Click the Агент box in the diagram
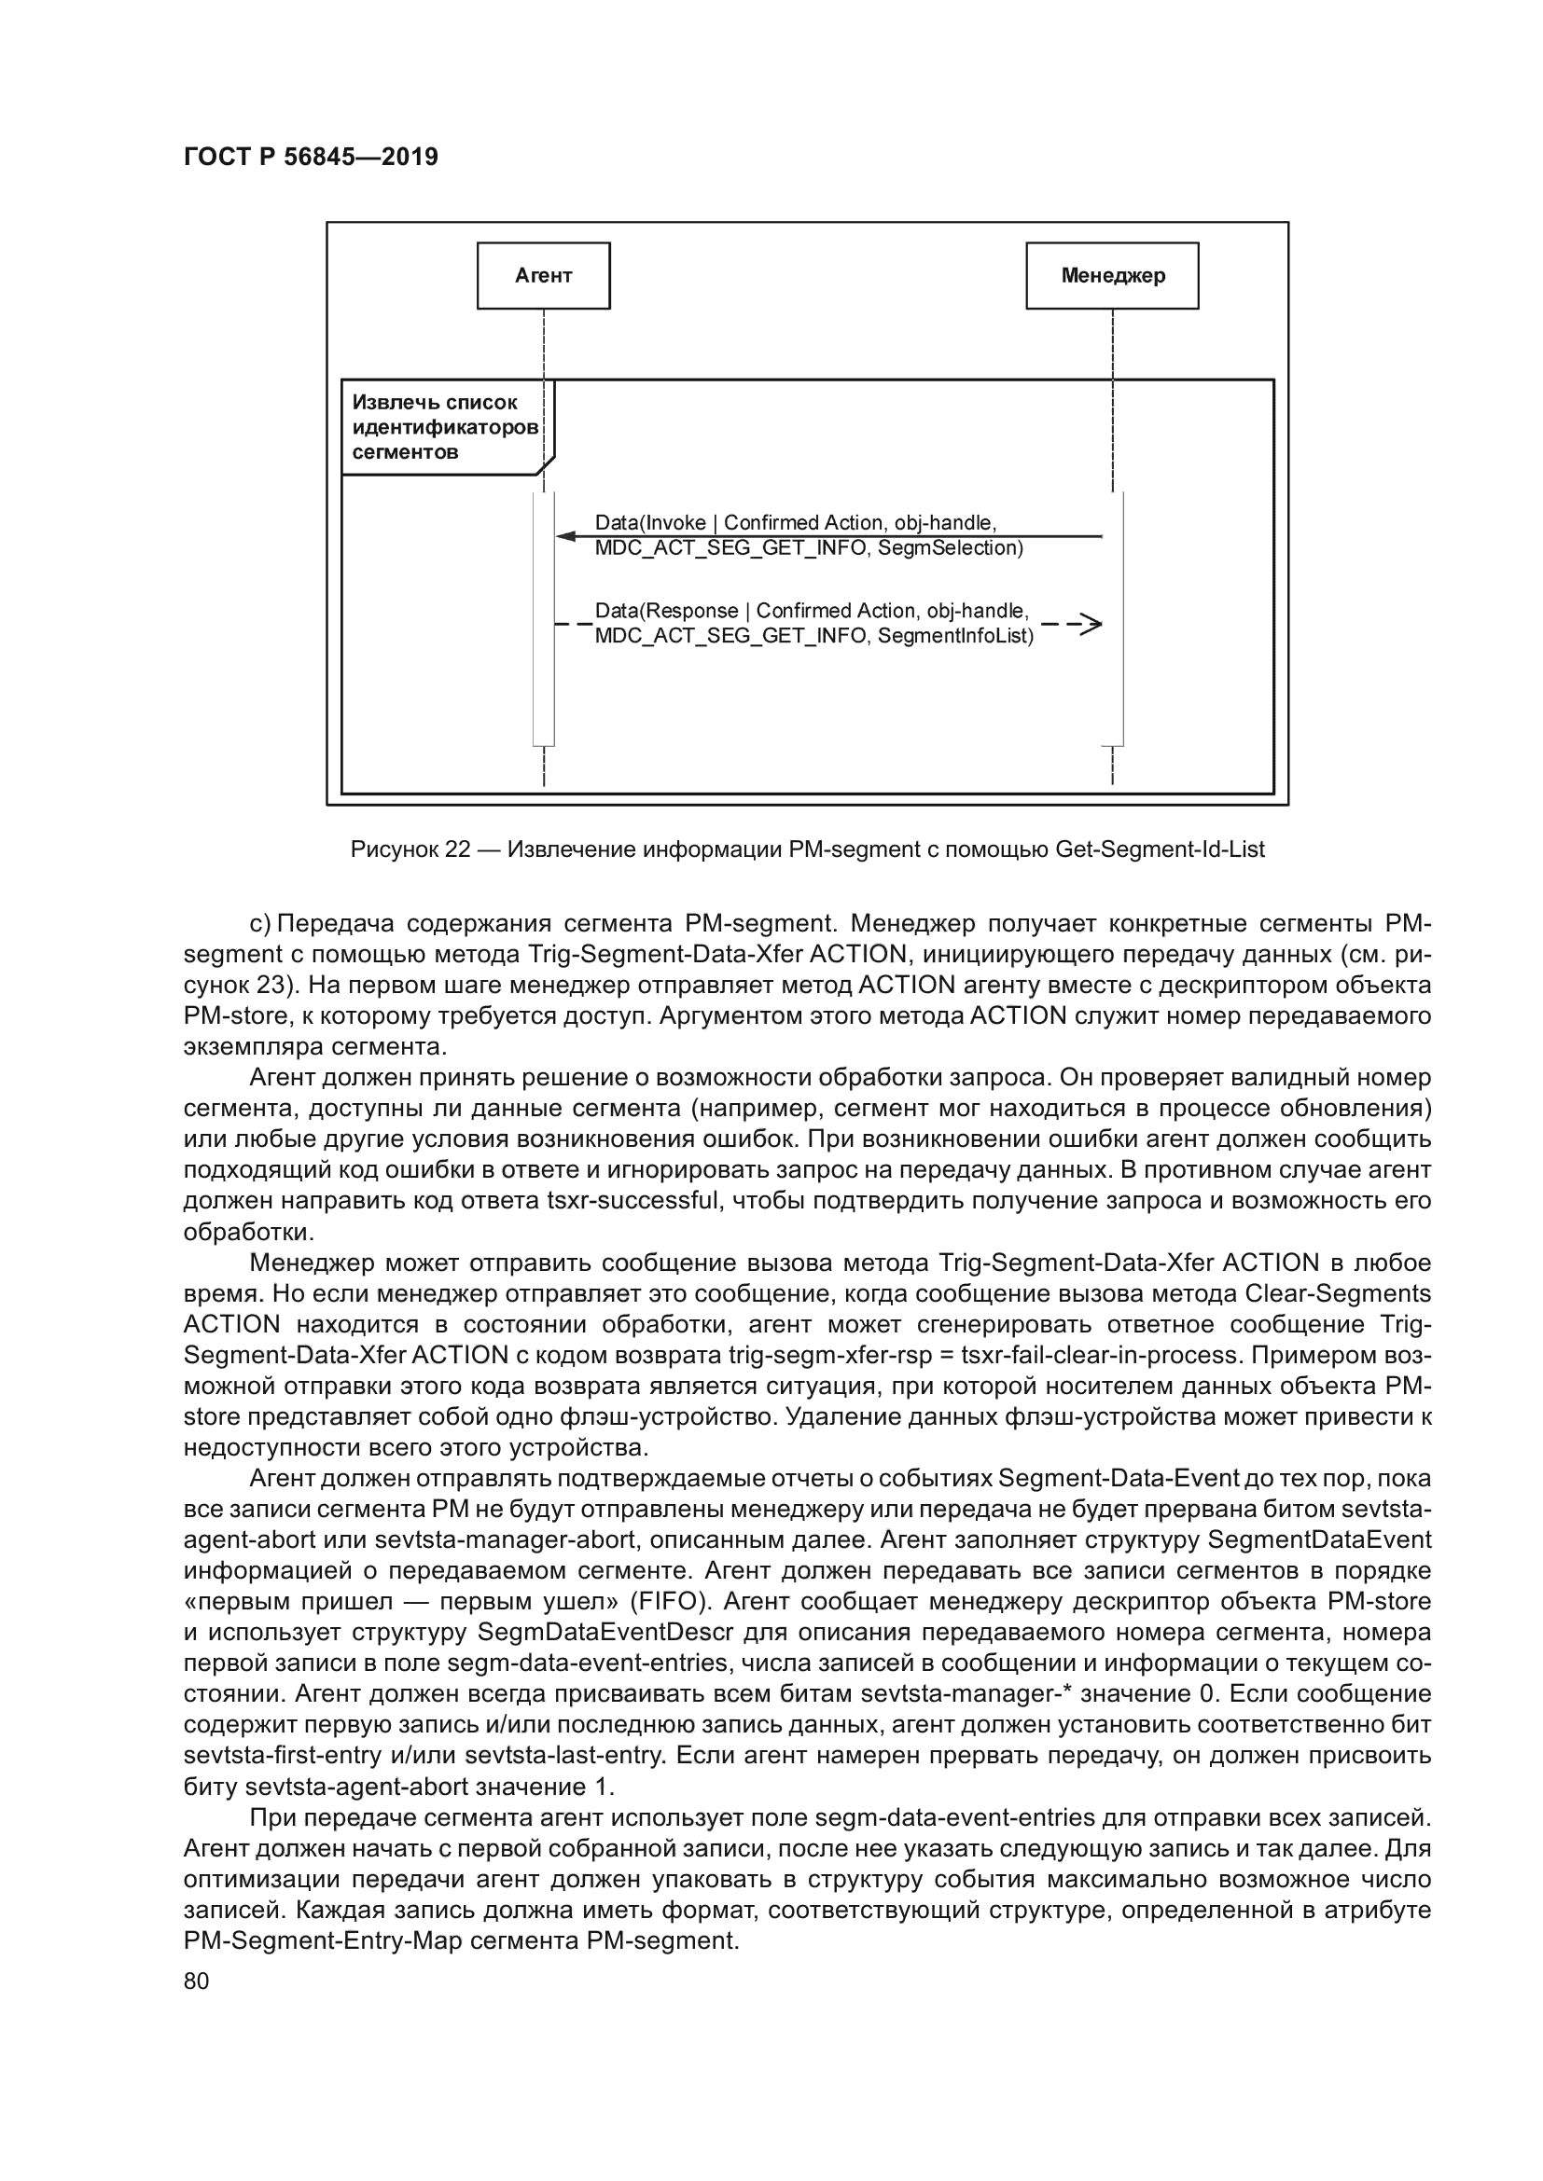(543, 275)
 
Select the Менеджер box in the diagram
(1112, 275)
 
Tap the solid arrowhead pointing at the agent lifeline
(566, 537)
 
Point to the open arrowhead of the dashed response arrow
(1091, 624)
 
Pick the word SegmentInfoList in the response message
(955, 637)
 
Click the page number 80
(196, 1981)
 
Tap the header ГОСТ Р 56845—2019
(311, 157)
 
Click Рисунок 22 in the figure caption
(410, 849)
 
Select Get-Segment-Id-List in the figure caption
(1161, 849)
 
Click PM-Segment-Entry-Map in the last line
(322, 1939)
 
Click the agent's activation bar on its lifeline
(544, 617)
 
